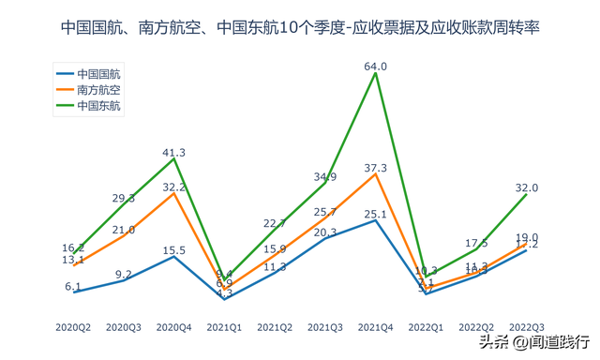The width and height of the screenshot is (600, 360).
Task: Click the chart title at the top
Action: click(x=300, y=28)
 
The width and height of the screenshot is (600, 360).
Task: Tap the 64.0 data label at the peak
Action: click(x=376, y=67)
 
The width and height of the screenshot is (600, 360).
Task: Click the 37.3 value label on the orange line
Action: click(x=376, y=167)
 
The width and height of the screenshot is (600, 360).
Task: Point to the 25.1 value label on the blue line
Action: click(x=376, y=213)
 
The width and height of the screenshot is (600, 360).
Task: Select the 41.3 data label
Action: click(x=174, y=152)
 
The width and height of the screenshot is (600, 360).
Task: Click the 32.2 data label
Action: click(x=174, y=187)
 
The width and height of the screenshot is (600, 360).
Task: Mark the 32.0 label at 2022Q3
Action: click(x=527, y=187)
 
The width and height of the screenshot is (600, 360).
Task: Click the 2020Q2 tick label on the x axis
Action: click(x=73, y=327)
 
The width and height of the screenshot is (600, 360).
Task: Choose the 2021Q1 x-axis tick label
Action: click(x=225, y=327)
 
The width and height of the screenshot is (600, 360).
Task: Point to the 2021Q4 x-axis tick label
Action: click(x=376, y=327)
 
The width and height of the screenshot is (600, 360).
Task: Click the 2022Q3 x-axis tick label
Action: click(x=527, y=327)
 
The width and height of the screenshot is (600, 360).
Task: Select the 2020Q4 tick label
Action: click(x=174, y=327)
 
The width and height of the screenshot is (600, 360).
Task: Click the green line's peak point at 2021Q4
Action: click(x=376, y=74)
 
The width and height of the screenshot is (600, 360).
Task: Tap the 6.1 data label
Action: click(x=73, y=285)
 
